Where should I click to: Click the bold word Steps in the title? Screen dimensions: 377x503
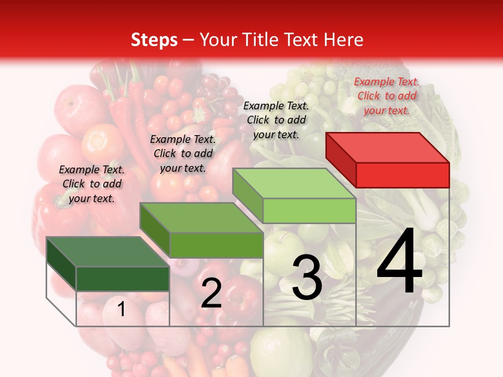tap(154, 40)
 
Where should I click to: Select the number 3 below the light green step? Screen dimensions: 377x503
tap(307, 278)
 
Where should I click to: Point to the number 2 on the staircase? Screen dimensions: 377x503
tap(211, 294)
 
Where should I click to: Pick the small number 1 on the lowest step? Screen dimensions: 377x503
tap(122, 309)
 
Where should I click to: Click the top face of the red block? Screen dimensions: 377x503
tap(387, 147)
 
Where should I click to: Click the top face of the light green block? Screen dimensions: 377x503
tap(294, 183)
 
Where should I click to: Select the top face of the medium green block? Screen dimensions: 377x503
tap(201, 217)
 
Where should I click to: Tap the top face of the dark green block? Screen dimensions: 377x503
tap(107, 251)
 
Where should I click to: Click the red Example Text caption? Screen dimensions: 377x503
tap(387, 96)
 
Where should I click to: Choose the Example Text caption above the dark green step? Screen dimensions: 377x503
tap(92, 184)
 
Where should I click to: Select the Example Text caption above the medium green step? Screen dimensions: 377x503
tap(183, 153)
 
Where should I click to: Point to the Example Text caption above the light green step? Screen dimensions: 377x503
tap(276, 120)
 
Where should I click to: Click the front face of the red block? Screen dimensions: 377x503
tap(402, 175)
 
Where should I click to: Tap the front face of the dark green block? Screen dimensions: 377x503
tap(123, 279)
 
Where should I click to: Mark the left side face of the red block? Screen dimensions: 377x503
tap(341, 159)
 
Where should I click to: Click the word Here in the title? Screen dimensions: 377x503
tap(344, 40)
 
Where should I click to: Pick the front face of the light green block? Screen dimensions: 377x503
tap(309, 210)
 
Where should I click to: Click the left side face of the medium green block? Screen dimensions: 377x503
tap(155, 231)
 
